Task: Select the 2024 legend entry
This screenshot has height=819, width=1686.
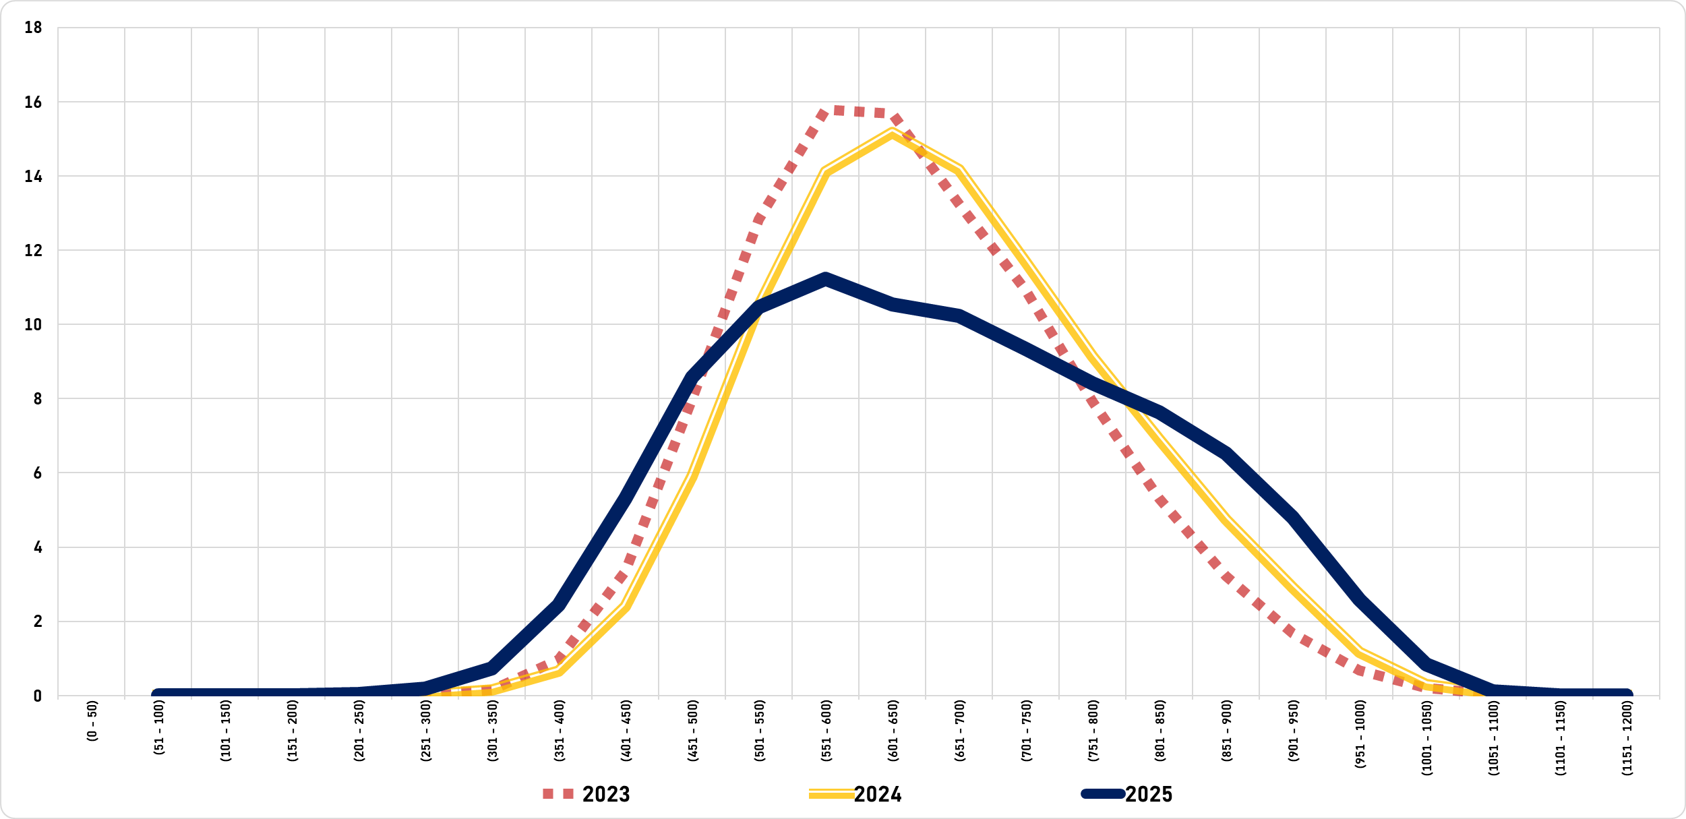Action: click(x=855, y=794)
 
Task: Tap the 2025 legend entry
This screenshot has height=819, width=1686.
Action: click(x=1127, y=794)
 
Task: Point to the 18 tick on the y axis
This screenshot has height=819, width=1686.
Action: click(x=33, y=28)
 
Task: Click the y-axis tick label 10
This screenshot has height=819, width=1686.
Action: click(x=33, y=325)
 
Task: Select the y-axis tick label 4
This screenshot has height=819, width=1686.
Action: click(x=38, y=547)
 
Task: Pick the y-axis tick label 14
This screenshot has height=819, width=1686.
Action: click(x=33, y=177)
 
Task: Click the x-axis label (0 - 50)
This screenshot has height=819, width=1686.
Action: click(x=92, y=721)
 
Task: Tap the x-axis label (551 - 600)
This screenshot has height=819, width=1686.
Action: click(x=826, y=731)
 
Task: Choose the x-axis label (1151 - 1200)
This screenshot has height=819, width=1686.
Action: click(x=1627, y=738)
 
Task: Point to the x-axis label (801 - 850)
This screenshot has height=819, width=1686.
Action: click(x=1160, y=731)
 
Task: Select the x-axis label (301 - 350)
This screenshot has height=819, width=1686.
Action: click(x=493, y=731)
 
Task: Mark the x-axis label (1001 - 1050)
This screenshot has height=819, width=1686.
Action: click(x=1427, y=738)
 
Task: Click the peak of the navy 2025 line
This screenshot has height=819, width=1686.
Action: click(x=826, y=280)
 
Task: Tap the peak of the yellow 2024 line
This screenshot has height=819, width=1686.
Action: click(x=893, y=133)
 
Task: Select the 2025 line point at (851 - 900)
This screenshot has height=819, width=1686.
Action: click(x=1226, y=454)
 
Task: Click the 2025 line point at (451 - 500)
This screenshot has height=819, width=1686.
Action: click(x=692, y=377)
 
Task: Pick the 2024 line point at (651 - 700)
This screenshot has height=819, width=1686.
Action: click(x=959, y=170)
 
